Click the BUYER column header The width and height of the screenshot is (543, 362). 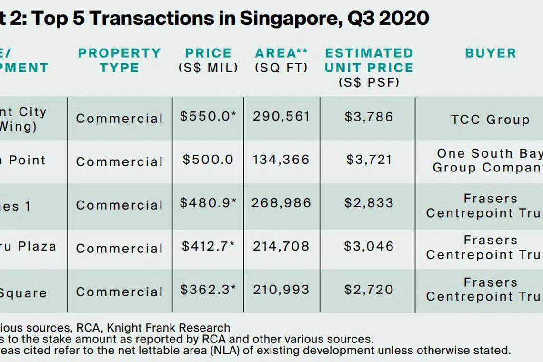pos(491,53)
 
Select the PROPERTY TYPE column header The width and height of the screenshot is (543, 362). pos(120,60)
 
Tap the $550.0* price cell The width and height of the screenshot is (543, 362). pos(208,117)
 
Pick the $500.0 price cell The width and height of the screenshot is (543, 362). pos(208,160)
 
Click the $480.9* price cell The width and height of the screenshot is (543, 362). pos(208,203)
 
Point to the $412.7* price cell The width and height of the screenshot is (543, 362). pos(208,246)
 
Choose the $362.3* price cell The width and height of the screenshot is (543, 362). pos(208,290)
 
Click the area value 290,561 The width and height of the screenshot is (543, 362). pos(282,117)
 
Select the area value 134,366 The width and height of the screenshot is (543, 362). pos(282,160)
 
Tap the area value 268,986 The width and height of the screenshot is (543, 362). pos(282,203)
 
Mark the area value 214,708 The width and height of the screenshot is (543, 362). pos(282,246)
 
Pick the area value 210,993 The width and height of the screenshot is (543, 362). pos(282,290)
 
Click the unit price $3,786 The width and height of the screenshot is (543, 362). pos(369,117)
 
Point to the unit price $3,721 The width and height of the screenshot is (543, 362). pos(369,160)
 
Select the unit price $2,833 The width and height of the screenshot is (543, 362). pos(369,203)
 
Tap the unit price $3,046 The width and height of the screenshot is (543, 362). pos(369,246)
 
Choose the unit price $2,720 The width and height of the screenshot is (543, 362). pos(369,290)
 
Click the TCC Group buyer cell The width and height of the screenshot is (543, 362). pos(490,119)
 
